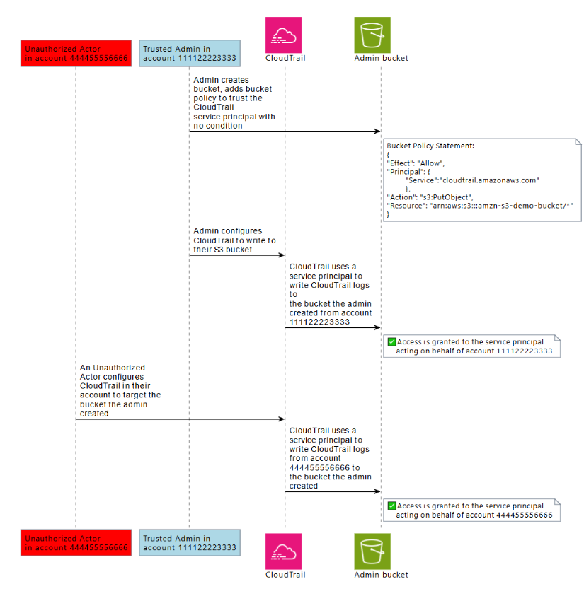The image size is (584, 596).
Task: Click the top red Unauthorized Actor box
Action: click(76, 53)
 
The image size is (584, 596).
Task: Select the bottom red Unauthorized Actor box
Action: click(76, 542)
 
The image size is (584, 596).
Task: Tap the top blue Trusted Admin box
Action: click(189, 53)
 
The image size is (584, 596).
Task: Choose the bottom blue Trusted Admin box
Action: click(189, 542)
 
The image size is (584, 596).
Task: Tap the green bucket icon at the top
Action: click(372, 35)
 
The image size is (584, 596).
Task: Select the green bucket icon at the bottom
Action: click(372, 551)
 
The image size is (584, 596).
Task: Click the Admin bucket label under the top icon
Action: click(381, 58)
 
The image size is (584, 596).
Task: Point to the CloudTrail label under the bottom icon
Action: click(285, 575)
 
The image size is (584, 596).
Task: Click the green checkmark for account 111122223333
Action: click(391, 341)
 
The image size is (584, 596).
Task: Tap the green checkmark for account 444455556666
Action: click(391, 506)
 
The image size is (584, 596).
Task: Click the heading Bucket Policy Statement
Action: click(430, 146)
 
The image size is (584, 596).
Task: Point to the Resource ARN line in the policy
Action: click(479, 204)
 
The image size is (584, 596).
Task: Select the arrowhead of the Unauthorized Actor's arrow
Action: click(281, 419)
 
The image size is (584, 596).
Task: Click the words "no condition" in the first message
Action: click(217, 126)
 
